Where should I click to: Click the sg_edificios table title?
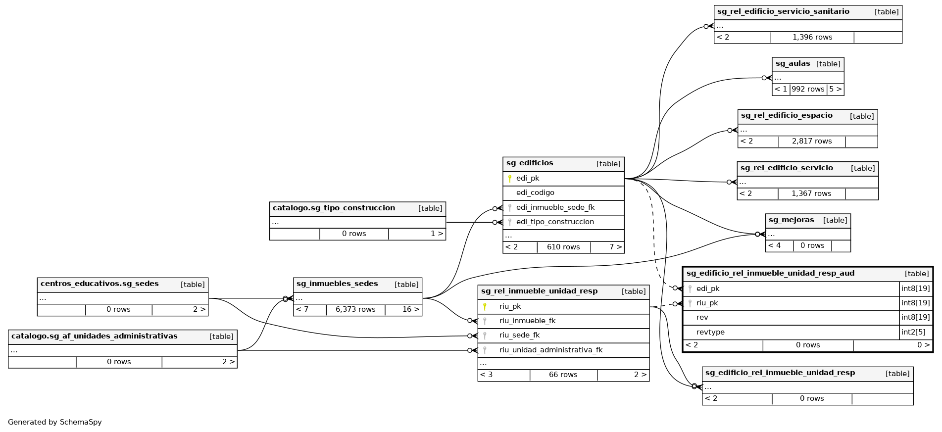click(x=530, y=163)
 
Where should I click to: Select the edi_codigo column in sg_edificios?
click(x=535, y=193)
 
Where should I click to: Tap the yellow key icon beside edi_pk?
click(x=510, y=179)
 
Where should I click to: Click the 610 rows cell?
click(x=563, y=247)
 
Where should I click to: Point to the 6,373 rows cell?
click(x=355, y=310)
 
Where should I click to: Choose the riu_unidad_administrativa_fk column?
click(x=551, y=350)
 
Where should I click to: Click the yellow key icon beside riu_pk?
click(x=485, y=307)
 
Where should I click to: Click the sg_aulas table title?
click(x=793, y=64)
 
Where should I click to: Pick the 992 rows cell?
click(x=808, y=90)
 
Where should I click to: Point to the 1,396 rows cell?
click(x=812, y=38)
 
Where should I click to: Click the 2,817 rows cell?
click(x=812, y=142)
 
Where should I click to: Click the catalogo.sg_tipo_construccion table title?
click(x=334, y=208)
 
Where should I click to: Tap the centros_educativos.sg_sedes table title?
click(x=99, y=284)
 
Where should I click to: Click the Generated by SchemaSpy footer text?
click(x=55, y=423)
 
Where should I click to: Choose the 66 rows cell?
click(x=563, y=375)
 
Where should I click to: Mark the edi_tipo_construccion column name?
click(x=555, y=222)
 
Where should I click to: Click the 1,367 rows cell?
click(x=811, y=194)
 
